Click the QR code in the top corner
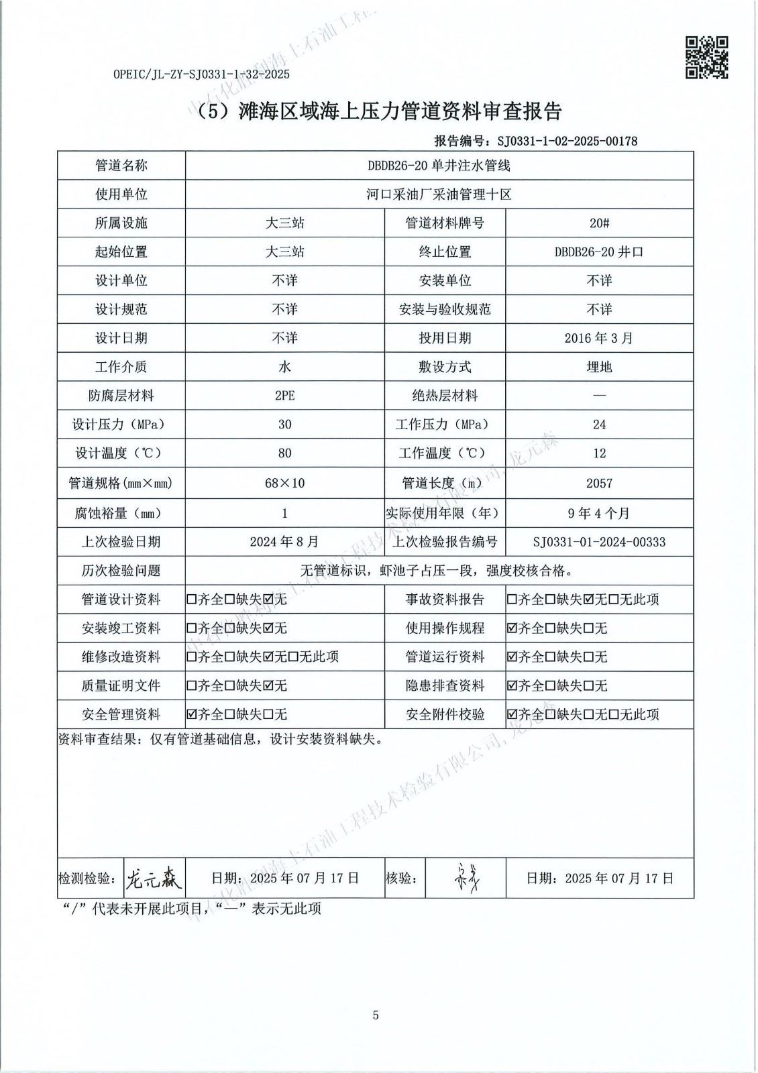point(706,58)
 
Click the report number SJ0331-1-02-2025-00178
point(566,141)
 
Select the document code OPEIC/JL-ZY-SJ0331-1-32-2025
point(201,74)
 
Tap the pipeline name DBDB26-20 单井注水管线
point(439,166)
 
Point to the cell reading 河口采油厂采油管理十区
point(439,194)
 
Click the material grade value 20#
point(599,223)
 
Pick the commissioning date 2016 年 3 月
point(599,338)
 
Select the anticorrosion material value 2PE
point(284,396)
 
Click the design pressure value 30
point(284,425)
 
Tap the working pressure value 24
point(599,425)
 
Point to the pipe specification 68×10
point(284,483)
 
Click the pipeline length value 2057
point(599,483)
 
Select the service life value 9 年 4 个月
point(599,513)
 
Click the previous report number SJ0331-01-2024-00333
point(599,542)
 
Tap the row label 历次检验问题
point(121,571)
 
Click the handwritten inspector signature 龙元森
point(154,877)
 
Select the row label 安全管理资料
point(121,714)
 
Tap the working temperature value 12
point(599,453)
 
